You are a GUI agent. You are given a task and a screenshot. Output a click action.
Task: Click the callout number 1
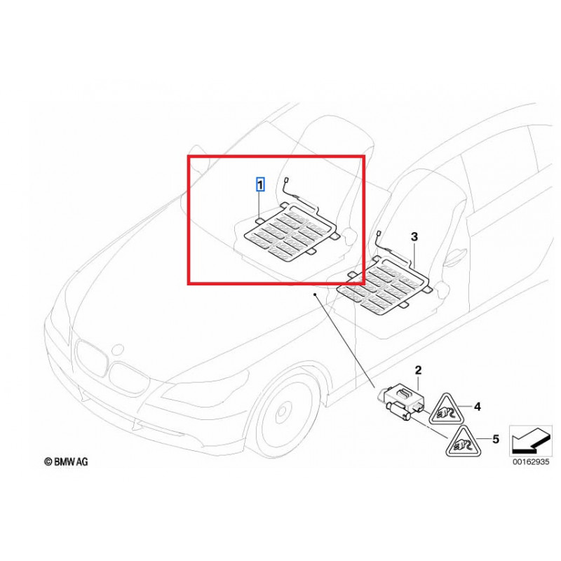(x=260, y=185)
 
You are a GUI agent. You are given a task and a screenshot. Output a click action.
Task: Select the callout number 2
(x=418, y=370)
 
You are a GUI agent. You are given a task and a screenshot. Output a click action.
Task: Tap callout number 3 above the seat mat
(x=414, y=238)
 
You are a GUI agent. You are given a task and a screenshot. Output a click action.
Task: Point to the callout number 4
(x=477, y=406)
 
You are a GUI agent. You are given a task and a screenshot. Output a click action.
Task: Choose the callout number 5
(x=495, y=440)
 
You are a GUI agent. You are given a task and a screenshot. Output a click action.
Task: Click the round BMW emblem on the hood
(x=120, y=348)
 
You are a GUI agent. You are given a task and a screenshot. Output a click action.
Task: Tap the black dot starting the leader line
(x=316, y=296)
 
